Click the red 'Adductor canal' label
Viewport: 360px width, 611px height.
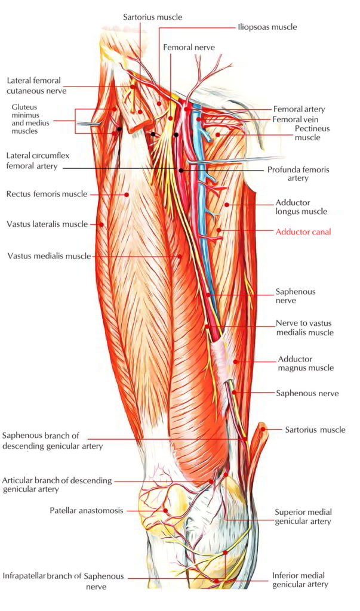click(303, 232)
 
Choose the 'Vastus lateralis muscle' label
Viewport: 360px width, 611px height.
click(47, 224)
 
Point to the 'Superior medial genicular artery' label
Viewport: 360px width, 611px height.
click(303, 516)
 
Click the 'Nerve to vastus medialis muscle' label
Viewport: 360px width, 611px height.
click(304, 328)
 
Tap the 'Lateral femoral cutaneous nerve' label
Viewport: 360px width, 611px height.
click(36, 85)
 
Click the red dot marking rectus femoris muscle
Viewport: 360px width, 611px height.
click(127, 194)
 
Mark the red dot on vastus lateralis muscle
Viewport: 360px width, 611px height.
click(102, 224)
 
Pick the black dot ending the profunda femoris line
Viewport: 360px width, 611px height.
click(181, 171)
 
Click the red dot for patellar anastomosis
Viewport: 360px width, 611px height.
click(165, 511)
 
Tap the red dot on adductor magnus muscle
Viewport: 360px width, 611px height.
click(236, 362)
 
